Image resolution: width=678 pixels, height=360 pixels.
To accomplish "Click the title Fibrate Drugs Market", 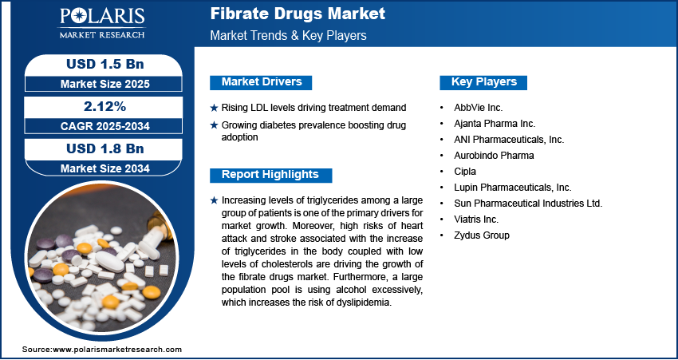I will (298, 14).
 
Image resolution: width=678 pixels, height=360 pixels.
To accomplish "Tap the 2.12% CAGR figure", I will (104, 106).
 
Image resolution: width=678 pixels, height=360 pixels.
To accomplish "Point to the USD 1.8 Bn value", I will (104, 148).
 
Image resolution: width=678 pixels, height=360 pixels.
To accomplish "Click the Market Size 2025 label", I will (104, 84).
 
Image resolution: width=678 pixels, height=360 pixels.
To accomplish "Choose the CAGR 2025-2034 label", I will (104, 126).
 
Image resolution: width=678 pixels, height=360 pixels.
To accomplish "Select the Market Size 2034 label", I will (104, 168).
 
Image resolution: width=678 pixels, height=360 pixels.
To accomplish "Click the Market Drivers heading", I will (261, 82).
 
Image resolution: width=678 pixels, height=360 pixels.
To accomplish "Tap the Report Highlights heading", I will (270, 175).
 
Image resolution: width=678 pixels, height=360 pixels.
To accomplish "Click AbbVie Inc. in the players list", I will (478, 107).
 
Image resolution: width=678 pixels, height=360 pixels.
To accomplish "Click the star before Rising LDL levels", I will (214, 108).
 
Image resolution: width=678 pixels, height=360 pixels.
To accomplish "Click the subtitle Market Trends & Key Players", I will (287, 36).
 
